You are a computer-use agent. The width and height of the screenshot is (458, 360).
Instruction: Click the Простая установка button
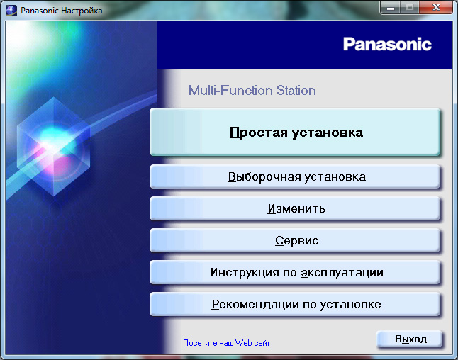coord(295,132)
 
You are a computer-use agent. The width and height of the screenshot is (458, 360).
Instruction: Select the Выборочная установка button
coord(295,176)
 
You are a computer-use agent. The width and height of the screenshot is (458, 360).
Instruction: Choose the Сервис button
coord(295,240)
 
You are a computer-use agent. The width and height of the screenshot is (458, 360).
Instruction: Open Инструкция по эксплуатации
coord(295,272)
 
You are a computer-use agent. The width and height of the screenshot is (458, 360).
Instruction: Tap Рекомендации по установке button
coord(295,304)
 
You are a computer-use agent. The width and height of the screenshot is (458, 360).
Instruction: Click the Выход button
coord(410,339)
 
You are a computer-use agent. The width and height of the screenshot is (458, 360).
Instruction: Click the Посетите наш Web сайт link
coord(226,343)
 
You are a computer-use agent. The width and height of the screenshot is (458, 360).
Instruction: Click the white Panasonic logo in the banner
coord(387,45)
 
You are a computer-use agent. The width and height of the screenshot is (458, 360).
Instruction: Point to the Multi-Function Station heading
coord(252,90)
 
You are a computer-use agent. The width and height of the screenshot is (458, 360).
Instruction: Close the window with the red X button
coord(436,7)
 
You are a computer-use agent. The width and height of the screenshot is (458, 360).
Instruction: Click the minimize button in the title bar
coord(391,7)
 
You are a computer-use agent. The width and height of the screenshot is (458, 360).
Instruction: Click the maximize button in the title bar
coord(410,7)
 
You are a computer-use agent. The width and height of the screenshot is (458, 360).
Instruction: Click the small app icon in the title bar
coord(11,11)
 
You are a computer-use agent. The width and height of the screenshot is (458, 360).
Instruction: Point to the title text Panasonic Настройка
coord(62,11)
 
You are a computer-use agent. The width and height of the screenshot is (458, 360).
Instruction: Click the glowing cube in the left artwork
coord(53,147)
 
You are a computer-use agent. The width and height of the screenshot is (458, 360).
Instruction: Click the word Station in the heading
coord(296,90)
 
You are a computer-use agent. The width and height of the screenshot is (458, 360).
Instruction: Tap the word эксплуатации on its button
coord(342,272)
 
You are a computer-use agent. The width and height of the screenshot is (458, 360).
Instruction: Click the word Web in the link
coord(243,343)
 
